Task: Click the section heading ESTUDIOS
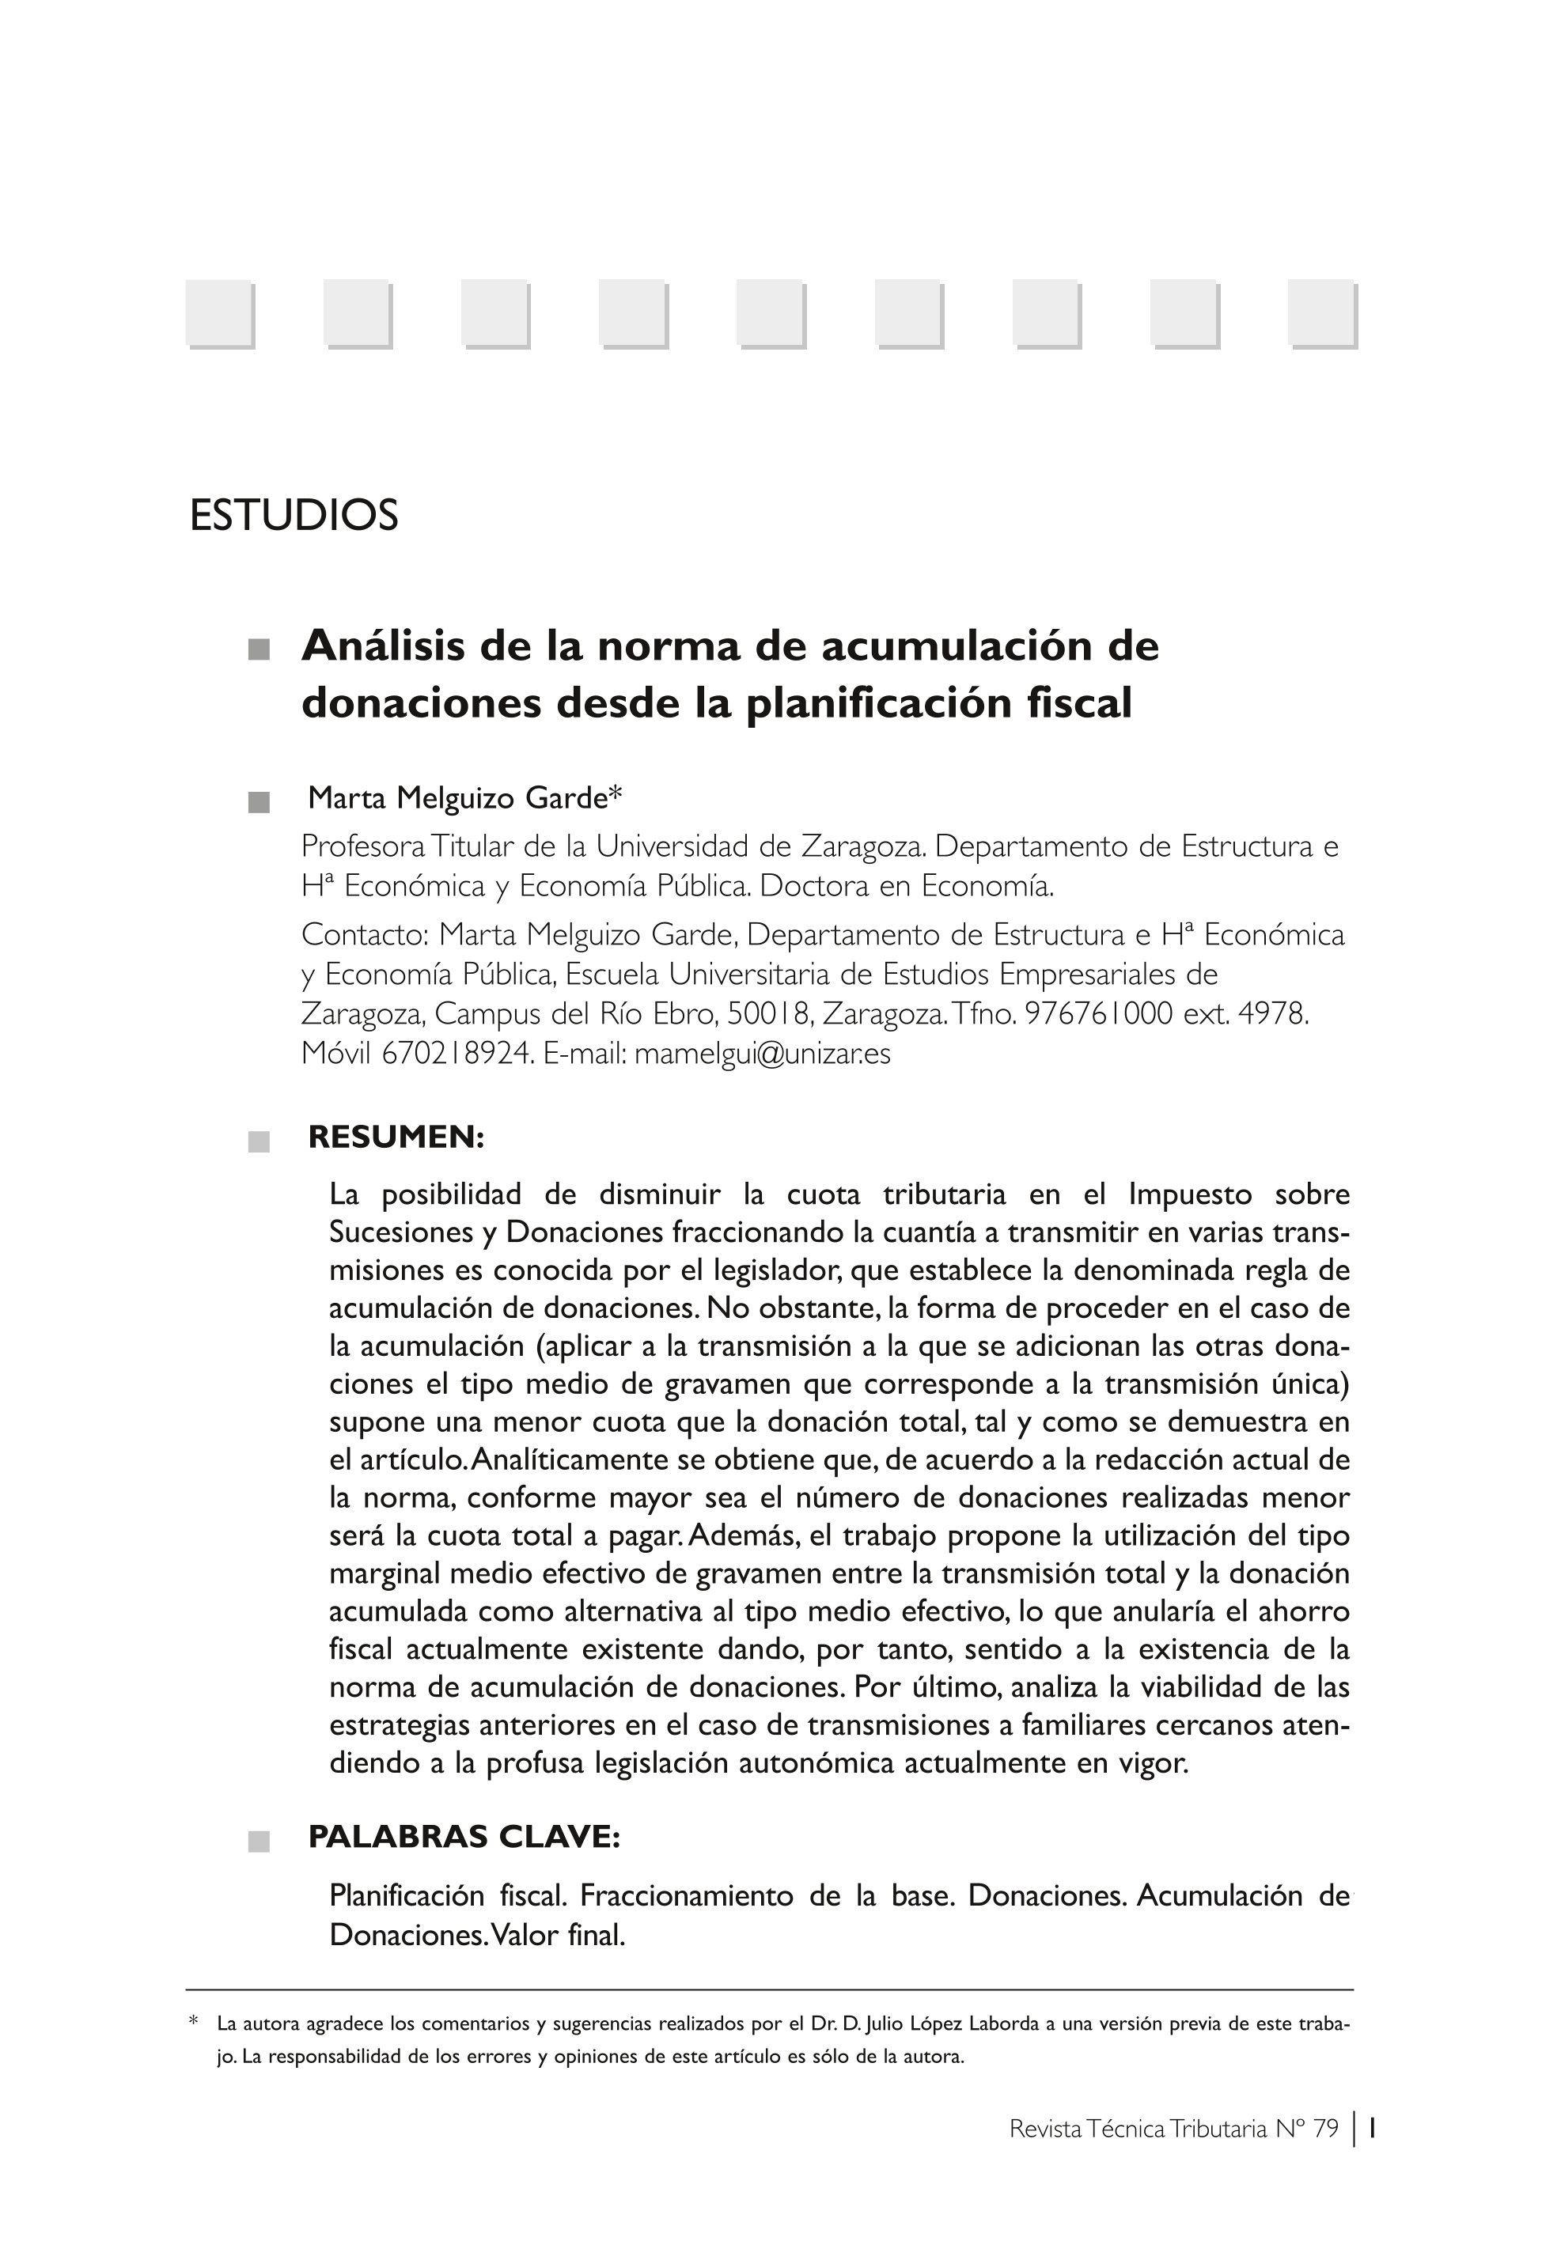coord(294,516)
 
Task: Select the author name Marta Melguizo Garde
coord(457,799)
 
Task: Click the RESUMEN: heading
coord(396,1138)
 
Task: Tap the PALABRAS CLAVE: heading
coord(464,1836)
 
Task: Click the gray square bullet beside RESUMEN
coord(258,1141)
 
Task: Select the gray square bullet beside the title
coord(258,650)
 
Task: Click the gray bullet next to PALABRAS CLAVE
coord(258,1841)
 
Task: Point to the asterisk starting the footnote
coord(193,2021)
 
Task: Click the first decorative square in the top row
coord(219,313)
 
